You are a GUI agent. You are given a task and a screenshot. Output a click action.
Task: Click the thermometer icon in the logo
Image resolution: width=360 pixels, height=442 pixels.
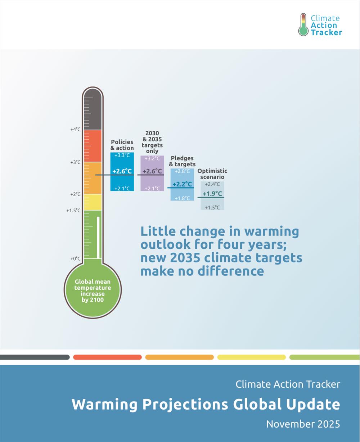303,25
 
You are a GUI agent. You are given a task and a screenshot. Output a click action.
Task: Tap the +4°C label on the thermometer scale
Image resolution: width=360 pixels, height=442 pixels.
76,129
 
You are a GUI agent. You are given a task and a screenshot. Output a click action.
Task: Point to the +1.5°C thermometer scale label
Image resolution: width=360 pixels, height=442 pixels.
73,211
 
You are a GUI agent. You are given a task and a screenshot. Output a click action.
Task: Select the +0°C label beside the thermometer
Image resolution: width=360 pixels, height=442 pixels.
76,258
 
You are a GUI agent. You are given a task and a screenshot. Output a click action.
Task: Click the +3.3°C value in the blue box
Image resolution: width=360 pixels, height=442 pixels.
122,155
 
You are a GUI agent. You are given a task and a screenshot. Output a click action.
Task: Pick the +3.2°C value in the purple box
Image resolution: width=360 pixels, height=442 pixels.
152,159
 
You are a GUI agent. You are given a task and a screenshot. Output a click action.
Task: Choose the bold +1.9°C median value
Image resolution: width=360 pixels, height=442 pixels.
212,194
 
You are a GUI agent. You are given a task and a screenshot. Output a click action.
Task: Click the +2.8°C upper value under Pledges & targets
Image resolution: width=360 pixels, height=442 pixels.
182,171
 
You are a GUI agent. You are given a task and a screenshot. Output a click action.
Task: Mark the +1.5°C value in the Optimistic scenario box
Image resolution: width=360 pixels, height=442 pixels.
212,207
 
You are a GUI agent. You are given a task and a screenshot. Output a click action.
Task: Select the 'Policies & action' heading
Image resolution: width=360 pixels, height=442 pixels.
122,145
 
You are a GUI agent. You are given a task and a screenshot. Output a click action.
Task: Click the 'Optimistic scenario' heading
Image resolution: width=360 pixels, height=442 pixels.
212,174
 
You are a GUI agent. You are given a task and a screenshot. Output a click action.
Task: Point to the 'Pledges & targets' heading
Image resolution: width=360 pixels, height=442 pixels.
182,161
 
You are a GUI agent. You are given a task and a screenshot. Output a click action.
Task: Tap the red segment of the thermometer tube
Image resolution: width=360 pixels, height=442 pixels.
93,146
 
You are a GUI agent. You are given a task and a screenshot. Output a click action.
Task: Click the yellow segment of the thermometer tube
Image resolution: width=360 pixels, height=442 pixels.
93,202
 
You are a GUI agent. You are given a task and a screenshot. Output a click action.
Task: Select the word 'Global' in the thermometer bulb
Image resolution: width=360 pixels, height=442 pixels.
83,282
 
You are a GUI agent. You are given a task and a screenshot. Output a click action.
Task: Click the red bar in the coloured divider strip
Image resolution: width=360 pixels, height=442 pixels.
107,357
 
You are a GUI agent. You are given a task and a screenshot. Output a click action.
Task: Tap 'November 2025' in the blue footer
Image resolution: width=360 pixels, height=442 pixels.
303,424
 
